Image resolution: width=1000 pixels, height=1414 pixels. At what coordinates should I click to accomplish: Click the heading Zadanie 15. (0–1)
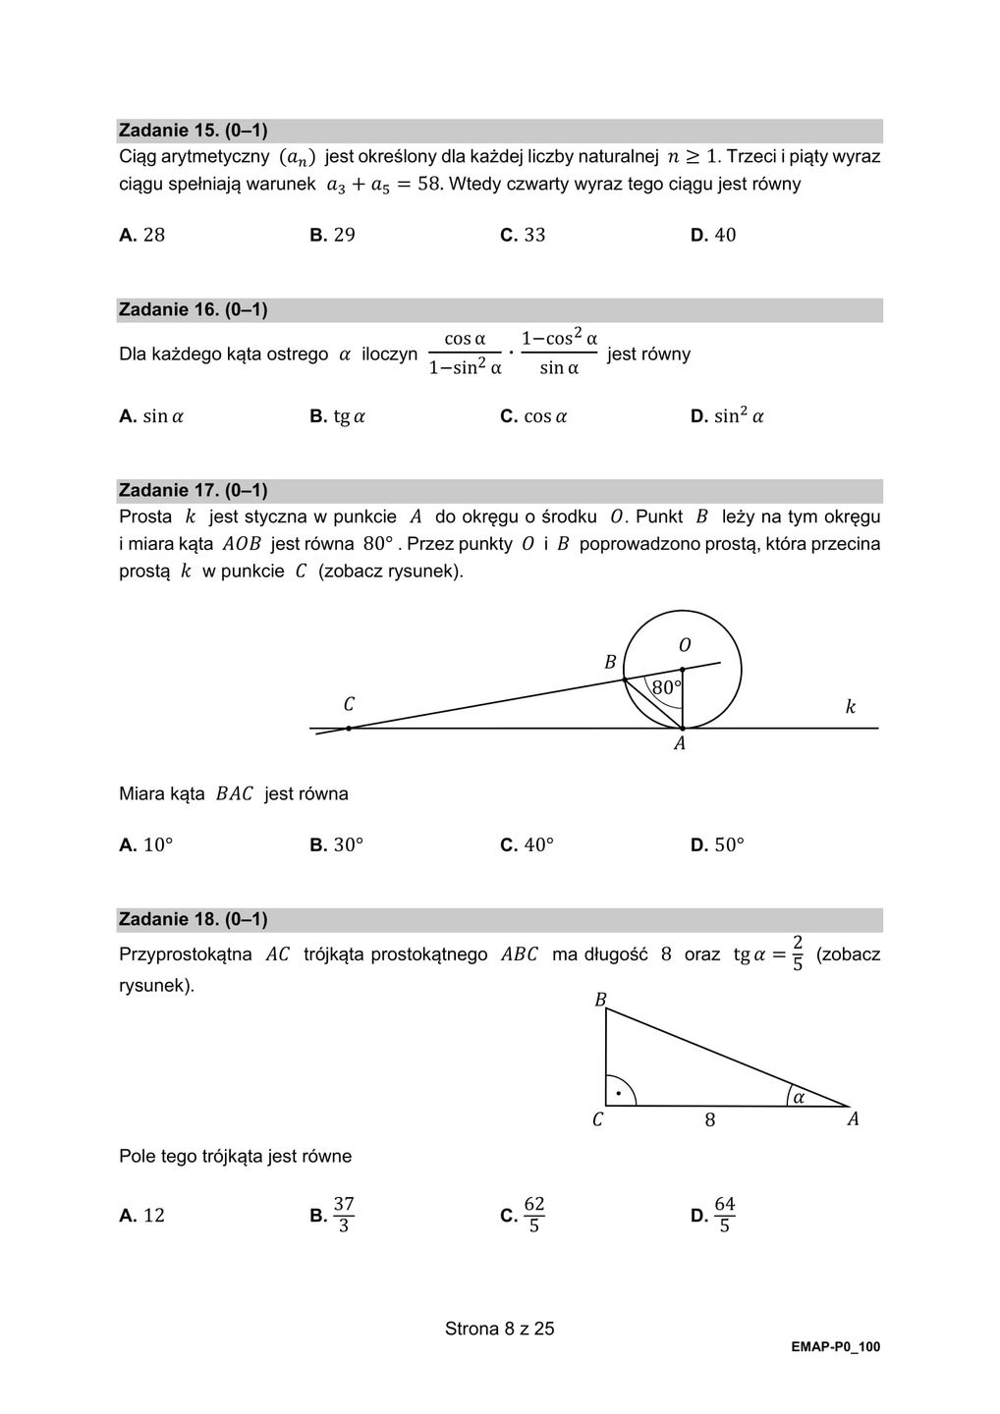pyautogui.click(x=193, y=131)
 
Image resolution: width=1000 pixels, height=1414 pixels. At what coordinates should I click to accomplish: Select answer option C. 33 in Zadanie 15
pyautogui.click(x=523, y=235)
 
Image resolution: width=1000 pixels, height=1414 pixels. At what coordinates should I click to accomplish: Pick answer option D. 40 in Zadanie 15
pyautogui.click(x=713, y=235)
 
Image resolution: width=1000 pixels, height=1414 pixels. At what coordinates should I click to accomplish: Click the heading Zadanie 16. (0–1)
pyautogui.click(x=193, y=310)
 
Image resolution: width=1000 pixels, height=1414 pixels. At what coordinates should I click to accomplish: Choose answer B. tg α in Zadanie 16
pyautogui.click(x=337, y=416)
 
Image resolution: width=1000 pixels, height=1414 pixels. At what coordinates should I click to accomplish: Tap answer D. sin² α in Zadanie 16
pyautogui.click(x=728, y=416)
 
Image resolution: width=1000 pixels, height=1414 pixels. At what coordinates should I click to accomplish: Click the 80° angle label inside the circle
pyautogui.click(x=666, y=687)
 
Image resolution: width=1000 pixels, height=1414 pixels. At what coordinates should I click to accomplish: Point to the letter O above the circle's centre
pyautogui.click(x=685, y=645)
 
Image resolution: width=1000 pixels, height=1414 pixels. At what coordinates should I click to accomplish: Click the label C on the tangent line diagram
pyautogui.click(x=349, y=704)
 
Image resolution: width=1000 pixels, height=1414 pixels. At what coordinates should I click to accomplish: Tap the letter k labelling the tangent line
pyautogui.click(x=851, y=707)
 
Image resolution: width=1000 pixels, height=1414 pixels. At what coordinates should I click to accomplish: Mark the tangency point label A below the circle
pyautogui.click(x=680, y=744)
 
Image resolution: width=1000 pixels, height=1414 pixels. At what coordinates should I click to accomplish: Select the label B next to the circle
pyautogui.click(x=610, y=663)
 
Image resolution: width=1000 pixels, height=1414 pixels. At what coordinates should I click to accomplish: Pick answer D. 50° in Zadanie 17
pyautogui.click(x=718, y=845)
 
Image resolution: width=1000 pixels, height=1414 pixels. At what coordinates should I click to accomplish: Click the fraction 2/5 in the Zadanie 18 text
pyautogui.click(x=798, y=953)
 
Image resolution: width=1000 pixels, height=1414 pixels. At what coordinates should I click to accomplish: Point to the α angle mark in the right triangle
pyautogui.click(x=799, y=1097)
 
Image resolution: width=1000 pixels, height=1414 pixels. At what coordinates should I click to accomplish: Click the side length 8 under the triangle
pyautogui.click(x=710, y=1120)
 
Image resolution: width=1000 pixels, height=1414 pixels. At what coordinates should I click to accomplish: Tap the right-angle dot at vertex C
pyautogui.click(x=618, y=1093)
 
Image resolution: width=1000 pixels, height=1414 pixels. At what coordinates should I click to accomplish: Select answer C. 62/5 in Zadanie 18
pyautogui.click(x=524, y=1215)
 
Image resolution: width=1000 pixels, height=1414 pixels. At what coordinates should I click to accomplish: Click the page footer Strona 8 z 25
pyautogui.click(x=500, y=1330)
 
